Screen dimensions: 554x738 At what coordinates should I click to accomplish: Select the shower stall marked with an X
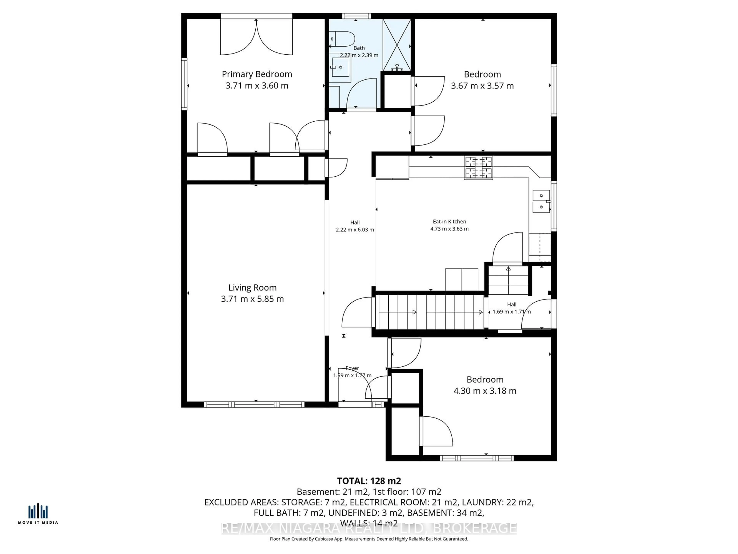(397, 45)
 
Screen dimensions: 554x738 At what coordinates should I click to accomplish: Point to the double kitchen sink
(541, 201)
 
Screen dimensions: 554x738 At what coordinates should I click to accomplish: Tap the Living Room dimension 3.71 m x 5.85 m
(252, 299)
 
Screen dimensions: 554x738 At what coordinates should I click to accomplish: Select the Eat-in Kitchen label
(449, 221)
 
